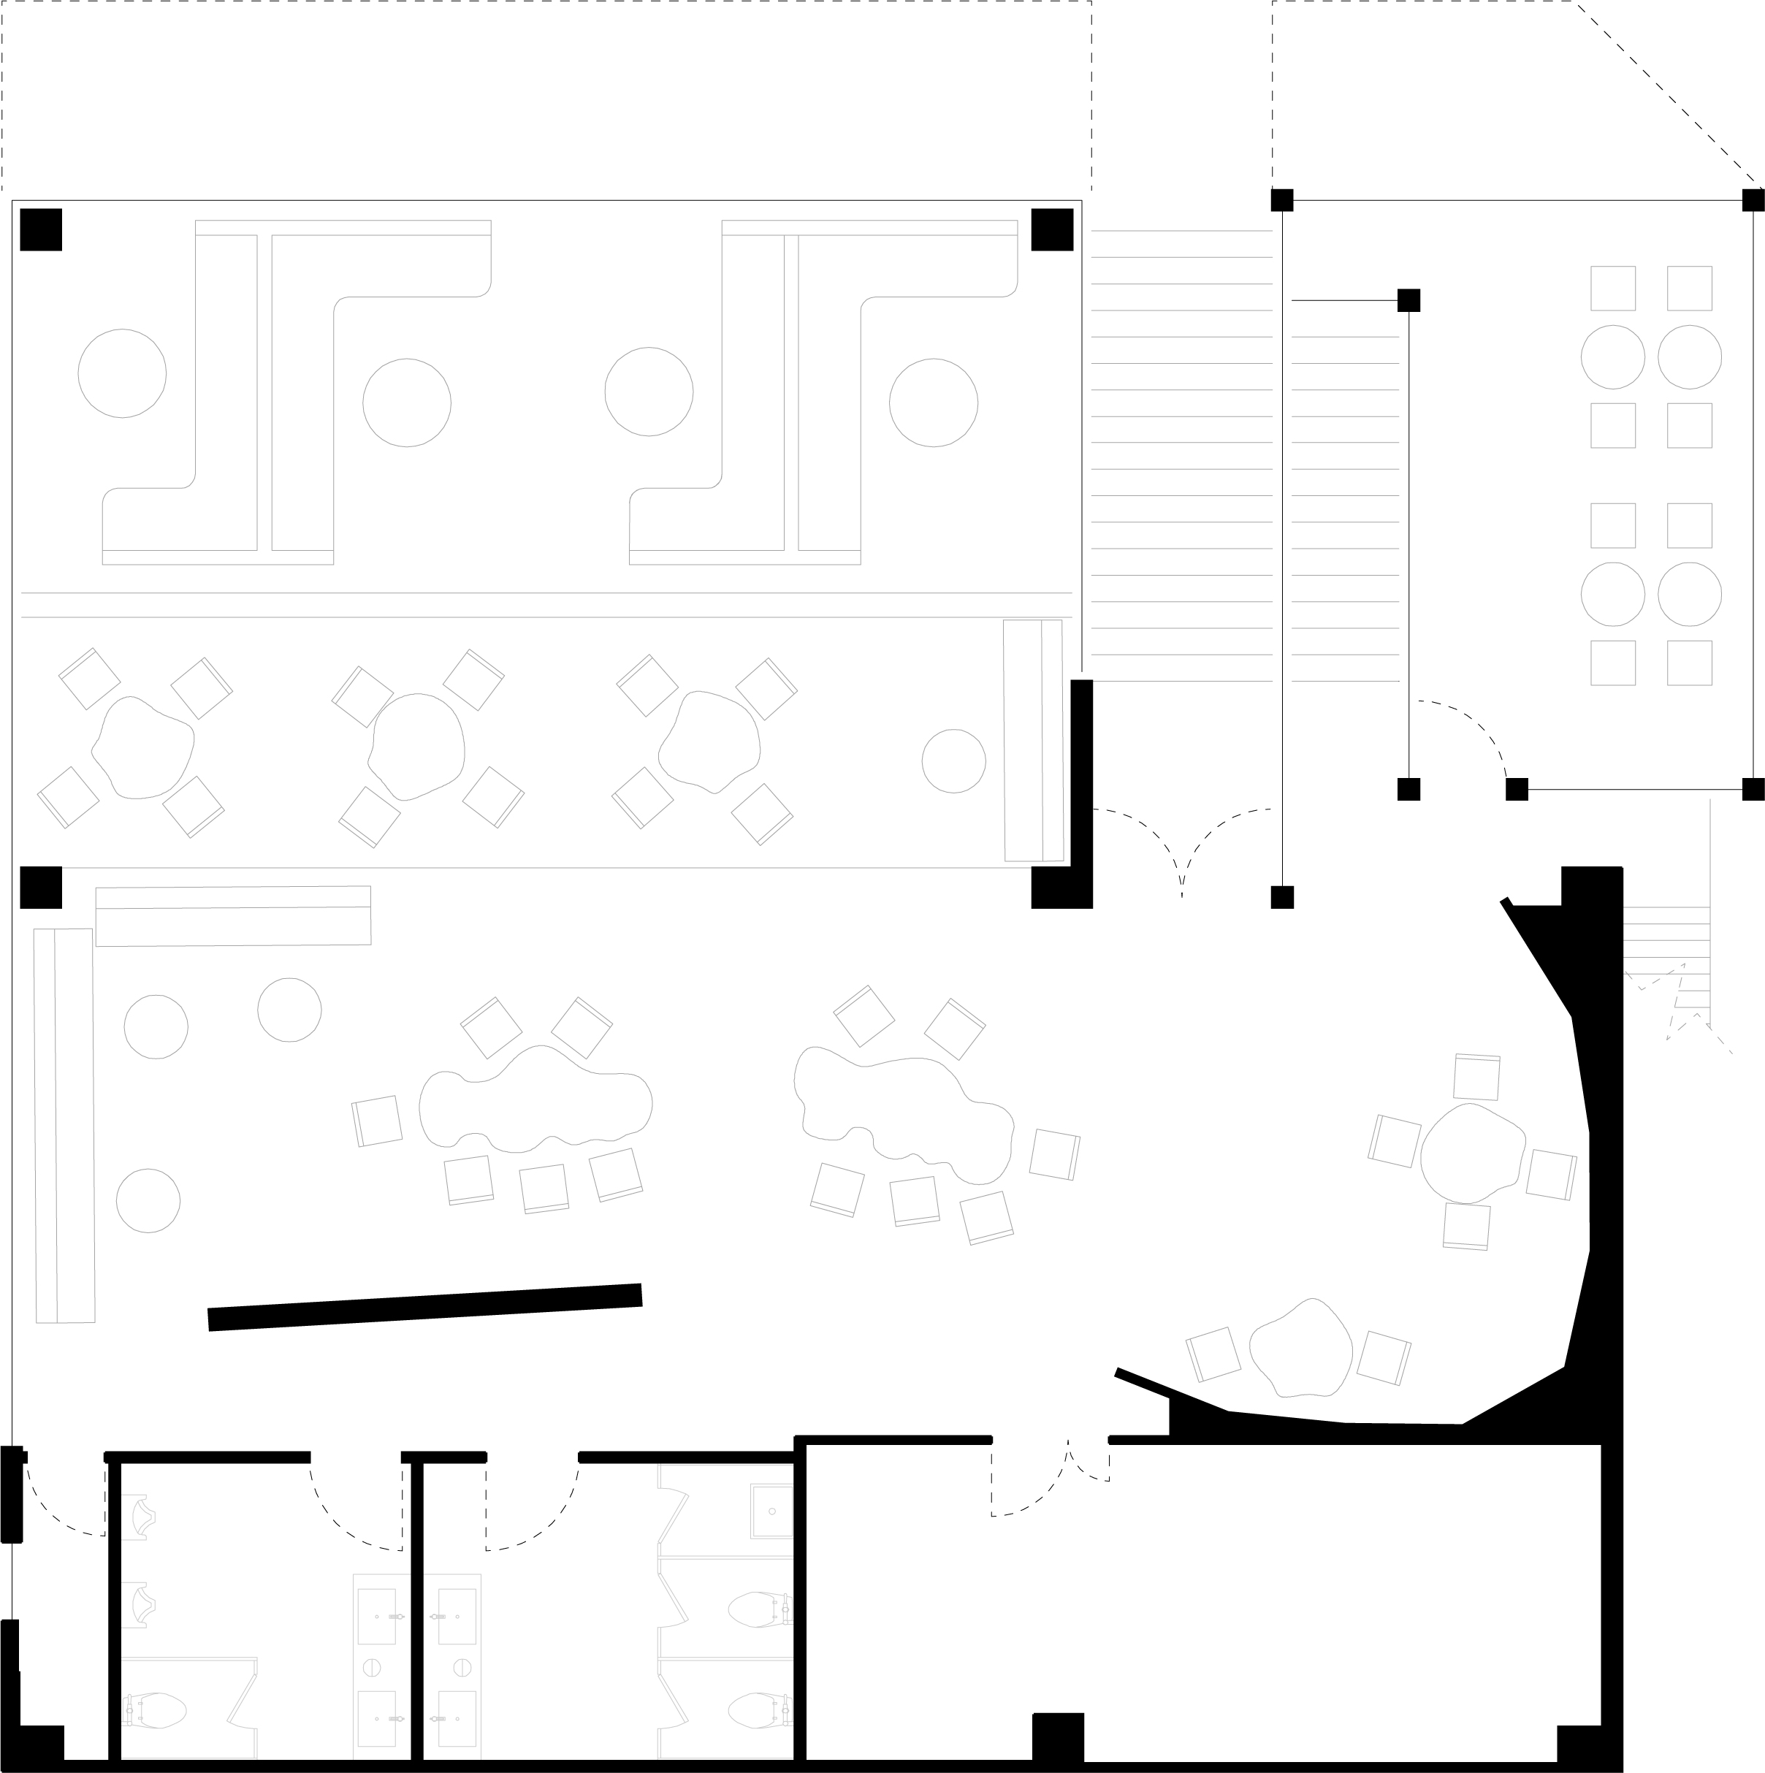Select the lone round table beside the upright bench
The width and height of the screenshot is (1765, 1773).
pos(953,760)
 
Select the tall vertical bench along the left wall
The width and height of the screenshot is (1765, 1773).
pos(64,1125)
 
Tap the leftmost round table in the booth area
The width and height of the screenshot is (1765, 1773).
pos(122,373)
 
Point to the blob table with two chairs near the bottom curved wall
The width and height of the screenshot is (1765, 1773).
pos(1302,1347)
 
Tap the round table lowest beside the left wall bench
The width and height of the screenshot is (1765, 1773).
pos(149,1200)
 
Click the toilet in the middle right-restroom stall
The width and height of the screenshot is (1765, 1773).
pos(759,1609)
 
